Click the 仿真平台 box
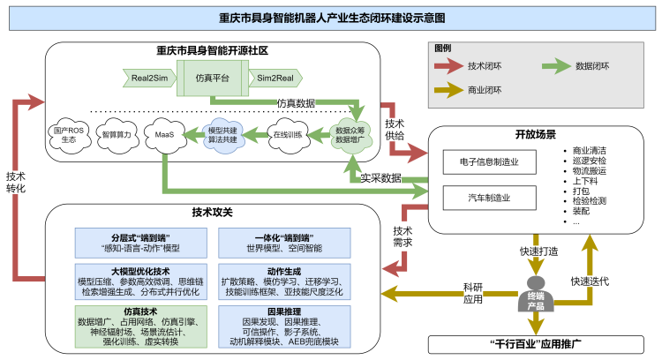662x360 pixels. pyautogui.click(x=213, y=78)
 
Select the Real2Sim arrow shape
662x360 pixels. pyautogui.click(x=149, y=78)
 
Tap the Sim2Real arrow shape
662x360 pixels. pyautogui.click(x=275, y=78)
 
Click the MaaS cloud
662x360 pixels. pyautogui.click(x=165, y=135)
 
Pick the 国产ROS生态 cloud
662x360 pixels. pyautogui.click(x=70, y=135)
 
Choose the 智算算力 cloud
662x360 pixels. pyautogui.click(x=117, y=135)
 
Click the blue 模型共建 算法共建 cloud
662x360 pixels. pyautogui.click(x=222, y=135)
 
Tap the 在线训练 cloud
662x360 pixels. pyautogui.click(x=288, y=135)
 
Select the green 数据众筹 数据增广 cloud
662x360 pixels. pyautogui.click(x=350, y=135)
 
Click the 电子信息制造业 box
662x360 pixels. pyautogui.click(x=489, y=162)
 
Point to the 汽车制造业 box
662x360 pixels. pyautogui.click(x=489, y=198)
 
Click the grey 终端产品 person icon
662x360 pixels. pyautogui.click(x=536, y=295)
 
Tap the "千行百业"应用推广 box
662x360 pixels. pyautogui.click(x=536, y=344)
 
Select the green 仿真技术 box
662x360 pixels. pyautogui.click(x=141, y=326)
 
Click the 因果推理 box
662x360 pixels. pyautogui.click(x=284, y=326)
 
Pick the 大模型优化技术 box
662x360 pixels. pyautogui.click(x=141, y=281)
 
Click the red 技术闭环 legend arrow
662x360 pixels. pyautogui.click(x=448, y=66)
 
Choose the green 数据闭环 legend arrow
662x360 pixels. pyautogui.click(x=556, y=66)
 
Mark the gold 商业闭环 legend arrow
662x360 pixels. pyautogui.click(x=448, y=90)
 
